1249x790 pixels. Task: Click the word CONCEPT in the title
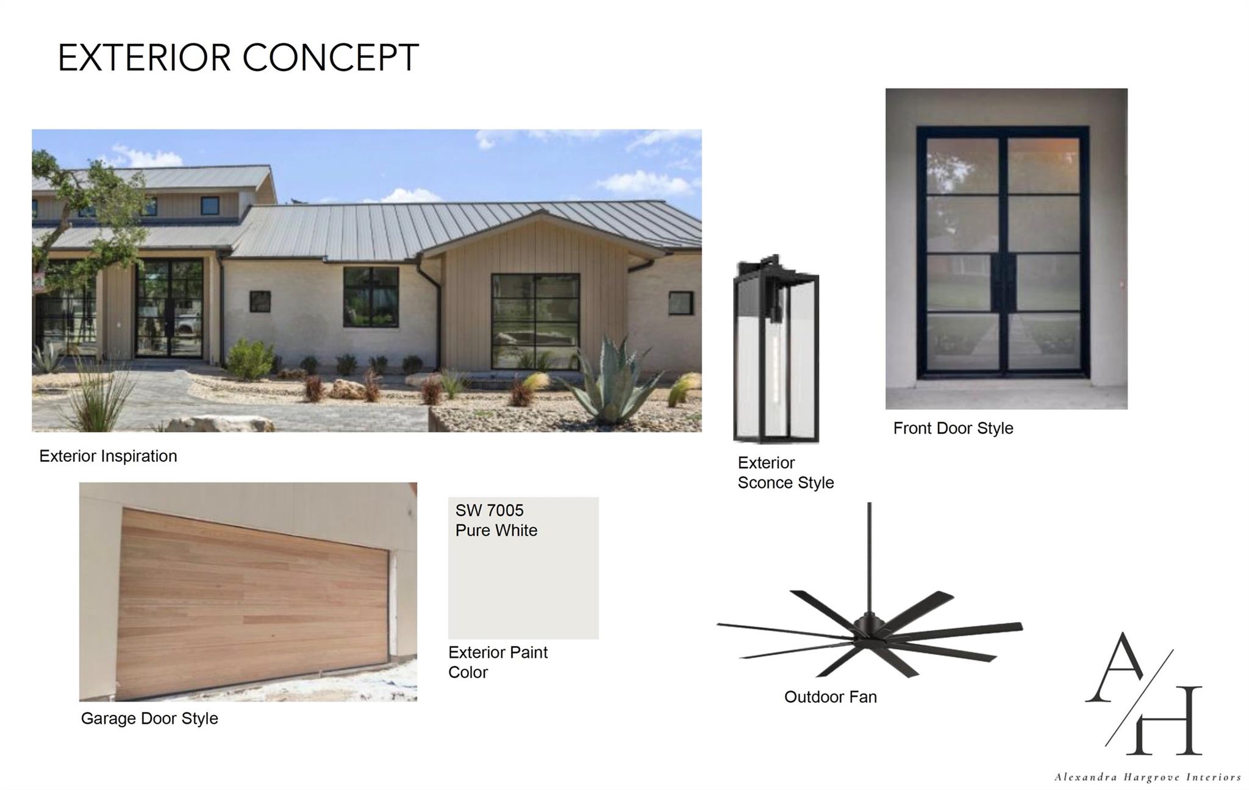pyautogui.click(x=331, y=59)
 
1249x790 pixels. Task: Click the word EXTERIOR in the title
pyautogui.click(x=145, y=59)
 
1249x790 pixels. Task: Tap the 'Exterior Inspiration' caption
pyautogui.click(x=108, y=456)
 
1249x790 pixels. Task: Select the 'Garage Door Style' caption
pyautogui.click(x=149, y=719)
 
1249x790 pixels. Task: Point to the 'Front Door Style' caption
pyautogui.click(x=953, y=428)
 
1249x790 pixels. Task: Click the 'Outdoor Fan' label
pyautogui.click(x=830, y=697)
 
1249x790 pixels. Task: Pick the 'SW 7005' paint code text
pyautogui.click(x=489, y=511)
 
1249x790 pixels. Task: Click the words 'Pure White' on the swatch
pyautogui.click(x=496, y=531)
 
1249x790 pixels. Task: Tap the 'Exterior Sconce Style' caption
pyautogui.click(x=785, y=473)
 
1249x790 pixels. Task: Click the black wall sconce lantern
pyautogui.click(x=776, y=351)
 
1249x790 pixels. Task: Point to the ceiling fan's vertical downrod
pyautogui.click(x=869, y=555)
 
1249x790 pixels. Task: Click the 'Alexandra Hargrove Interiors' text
pyautogui.click(x=1147, y=777)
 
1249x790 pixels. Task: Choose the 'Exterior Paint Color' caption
pyautogui.click(x=498, y=663)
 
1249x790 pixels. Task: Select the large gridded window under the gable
pyautogui.click(x=535, y=321)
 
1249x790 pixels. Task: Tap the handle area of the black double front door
pyautogui.click(x=1004, y=284)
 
